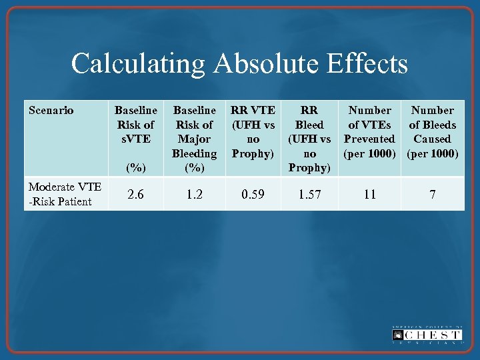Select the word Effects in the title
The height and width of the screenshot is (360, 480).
tap(373, 65)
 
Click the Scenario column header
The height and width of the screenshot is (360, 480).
tap(51, 111)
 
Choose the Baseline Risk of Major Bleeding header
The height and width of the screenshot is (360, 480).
tap(194, 139)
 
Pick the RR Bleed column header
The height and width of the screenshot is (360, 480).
tap(309, 139)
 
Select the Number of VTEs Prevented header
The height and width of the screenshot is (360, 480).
tap(369, 131)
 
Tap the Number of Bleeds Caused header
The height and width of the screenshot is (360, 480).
tap(432, 131)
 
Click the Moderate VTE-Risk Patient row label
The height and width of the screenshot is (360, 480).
tap(64, 194)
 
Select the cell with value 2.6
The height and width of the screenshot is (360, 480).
tap(136, 194)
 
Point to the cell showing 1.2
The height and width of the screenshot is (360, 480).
tap(194, 194)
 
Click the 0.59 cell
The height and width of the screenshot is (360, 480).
tap(253, 194)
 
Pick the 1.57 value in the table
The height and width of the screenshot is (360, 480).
tap(309, 194)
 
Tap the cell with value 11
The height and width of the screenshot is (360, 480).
tap(369, 194)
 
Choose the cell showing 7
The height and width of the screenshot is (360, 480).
tap(432, 194)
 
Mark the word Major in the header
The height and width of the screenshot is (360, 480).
tap(194, 139)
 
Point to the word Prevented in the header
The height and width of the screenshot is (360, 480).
tap(369, 139)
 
